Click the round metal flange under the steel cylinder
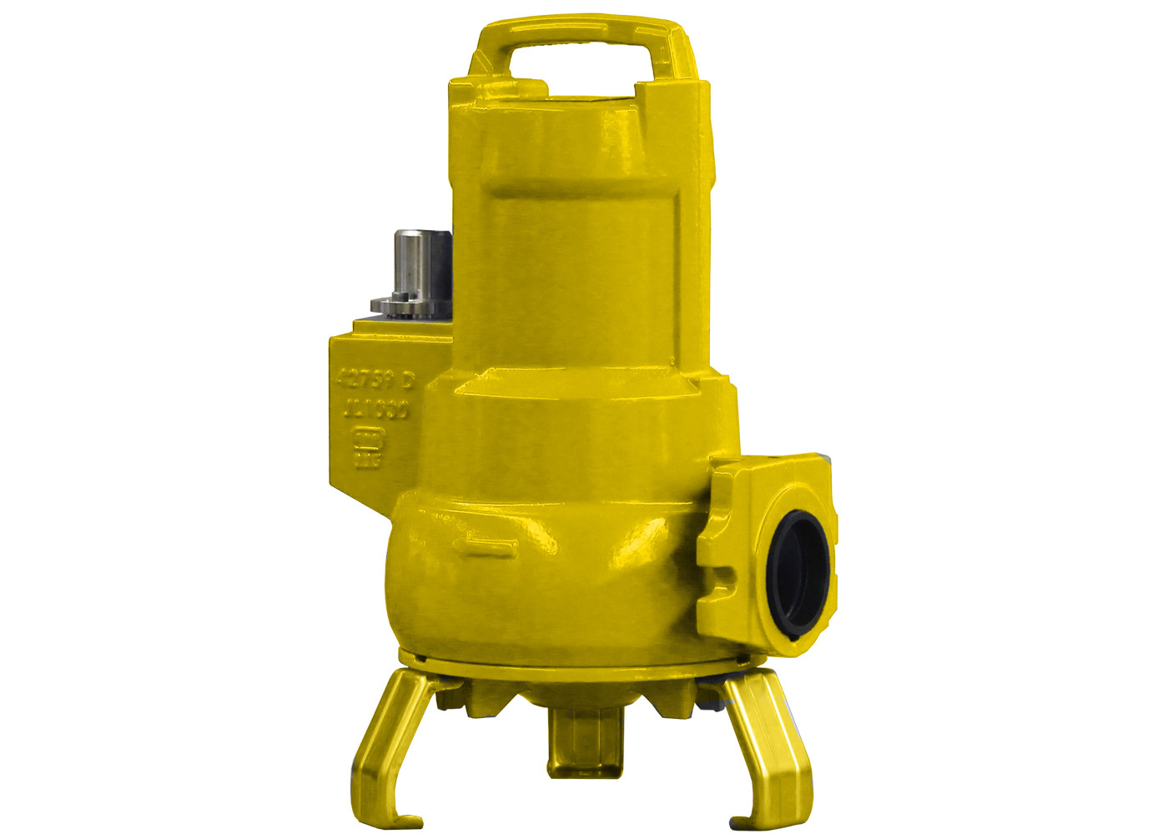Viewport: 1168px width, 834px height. pos(400,307)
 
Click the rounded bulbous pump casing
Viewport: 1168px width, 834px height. pos(542,575)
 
